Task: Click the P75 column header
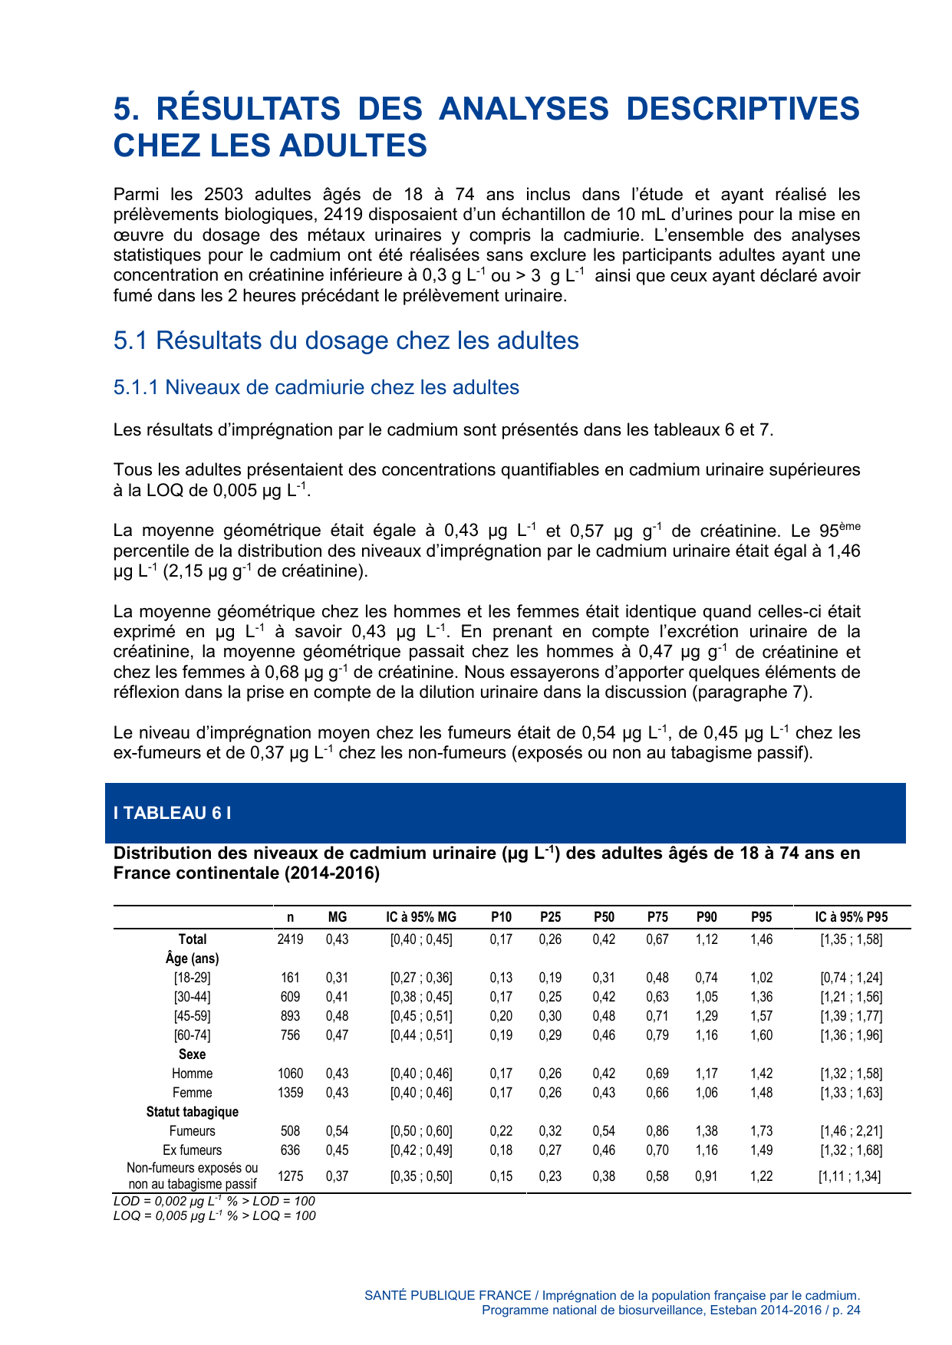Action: (657, 916)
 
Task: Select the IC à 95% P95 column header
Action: (852, 916)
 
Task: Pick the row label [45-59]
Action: (192, 1016)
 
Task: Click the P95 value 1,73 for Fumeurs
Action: (761, 1131)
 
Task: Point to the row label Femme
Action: (192, 1093)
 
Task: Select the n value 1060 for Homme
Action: (290, 1074)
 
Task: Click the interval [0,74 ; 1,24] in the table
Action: (852, 978)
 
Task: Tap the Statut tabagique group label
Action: (192, 1112)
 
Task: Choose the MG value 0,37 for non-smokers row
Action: (337, 1176)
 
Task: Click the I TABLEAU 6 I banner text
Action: (172, 813)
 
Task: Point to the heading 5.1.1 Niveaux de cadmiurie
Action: (316, 387)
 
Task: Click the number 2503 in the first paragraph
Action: (224, 195)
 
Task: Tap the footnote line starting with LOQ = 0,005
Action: (214, 1215)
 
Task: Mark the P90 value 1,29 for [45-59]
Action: (707, 1016)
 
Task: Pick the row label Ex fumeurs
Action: (192, 1150)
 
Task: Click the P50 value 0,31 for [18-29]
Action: (604, 978)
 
